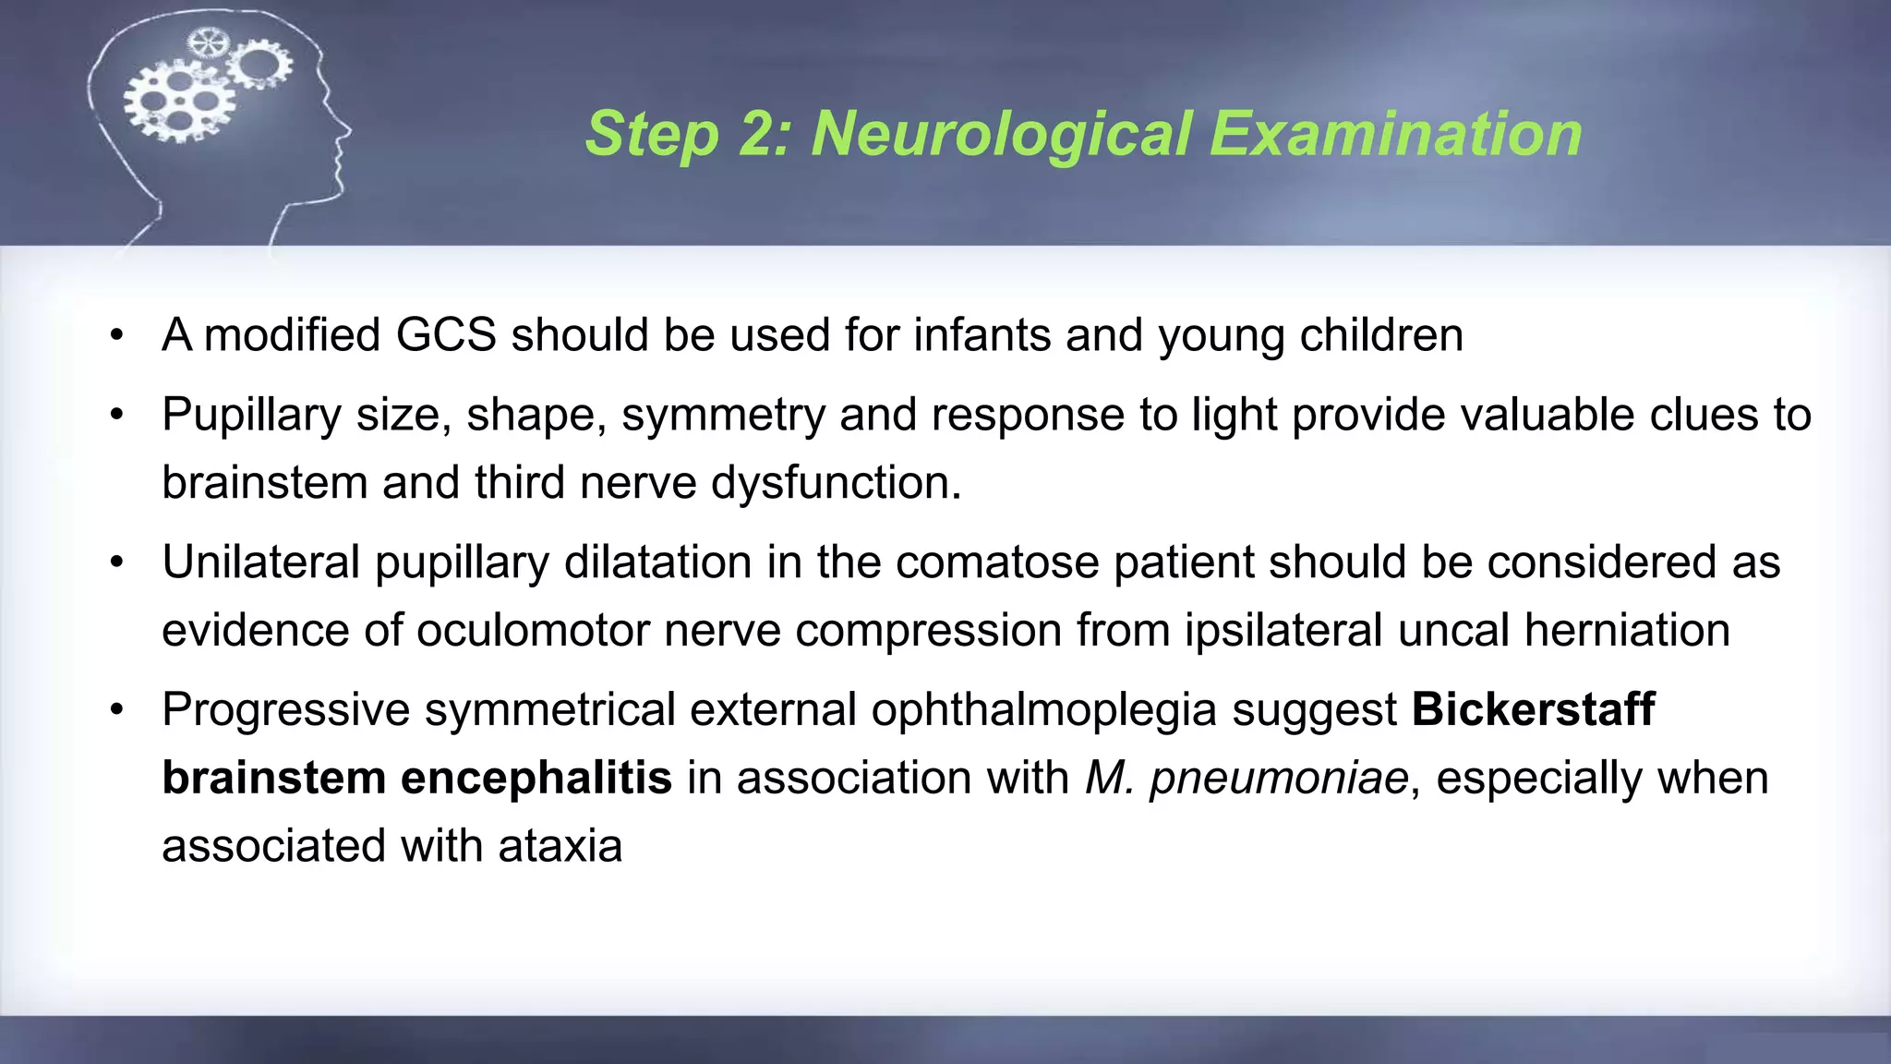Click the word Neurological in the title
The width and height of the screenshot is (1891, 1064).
click(1001, 134)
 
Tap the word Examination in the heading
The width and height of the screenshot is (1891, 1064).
click(1396, 134)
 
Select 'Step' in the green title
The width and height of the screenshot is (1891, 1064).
click(652, 134)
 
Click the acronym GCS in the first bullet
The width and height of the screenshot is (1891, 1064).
click(446, 334)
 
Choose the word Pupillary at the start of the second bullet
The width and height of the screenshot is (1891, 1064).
click(251, 415)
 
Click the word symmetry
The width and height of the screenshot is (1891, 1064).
click(723, 415)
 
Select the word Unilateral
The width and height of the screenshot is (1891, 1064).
click(261, 562)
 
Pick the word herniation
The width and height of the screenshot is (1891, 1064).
click(1627, 630)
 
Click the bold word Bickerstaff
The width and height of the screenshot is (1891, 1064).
click(1533, 709)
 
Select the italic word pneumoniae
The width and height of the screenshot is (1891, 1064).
click(1279, 778)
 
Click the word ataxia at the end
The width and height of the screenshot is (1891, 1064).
click(560, 846)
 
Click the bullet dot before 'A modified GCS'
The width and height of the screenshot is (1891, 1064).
click(116, 335)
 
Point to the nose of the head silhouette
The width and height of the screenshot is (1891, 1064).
click(345, 128)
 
